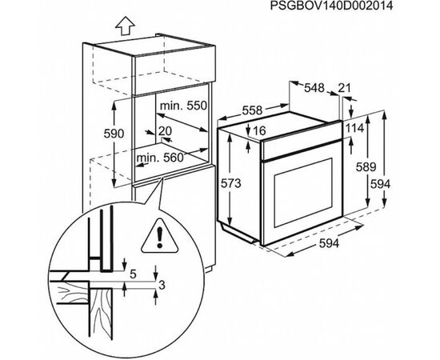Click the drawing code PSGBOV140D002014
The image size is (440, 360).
331,6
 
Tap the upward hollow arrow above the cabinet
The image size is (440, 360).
125,26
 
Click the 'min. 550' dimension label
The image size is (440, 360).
183,106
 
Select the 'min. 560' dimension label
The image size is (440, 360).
160,158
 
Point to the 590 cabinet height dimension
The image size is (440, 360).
114,134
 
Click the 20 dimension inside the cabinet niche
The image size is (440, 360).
165,131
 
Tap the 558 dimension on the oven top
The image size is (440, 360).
252,110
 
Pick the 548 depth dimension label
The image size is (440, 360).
314,88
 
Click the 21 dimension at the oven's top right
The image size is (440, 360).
344,88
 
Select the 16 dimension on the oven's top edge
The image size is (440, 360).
258,130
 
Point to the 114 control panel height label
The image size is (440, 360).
354,128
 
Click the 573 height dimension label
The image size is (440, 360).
231,183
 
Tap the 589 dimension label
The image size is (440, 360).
366,167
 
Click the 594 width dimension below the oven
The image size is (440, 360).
329,243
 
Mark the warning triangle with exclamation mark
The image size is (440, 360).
160,236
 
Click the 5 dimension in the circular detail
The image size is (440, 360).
133,274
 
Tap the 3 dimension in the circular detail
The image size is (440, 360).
162,286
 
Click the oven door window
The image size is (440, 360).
303,193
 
